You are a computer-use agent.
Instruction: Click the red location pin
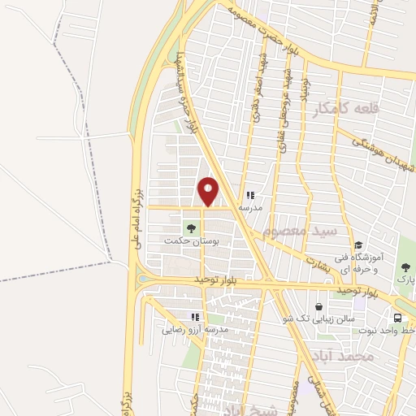coord(209,191)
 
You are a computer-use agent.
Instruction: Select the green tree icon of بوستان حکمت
coord(192,228)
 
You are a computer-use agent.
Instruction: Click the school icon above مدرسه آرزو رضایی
coord(194,317)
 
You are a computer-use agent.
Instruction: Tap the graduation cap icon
coord(357,245)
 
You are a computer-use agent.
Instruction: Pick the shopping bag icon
coord(319,306)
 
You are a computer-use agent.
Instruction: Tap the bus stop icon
coord(398,318)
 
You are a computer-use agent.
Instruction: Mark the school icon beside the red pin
coord(250,196)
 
